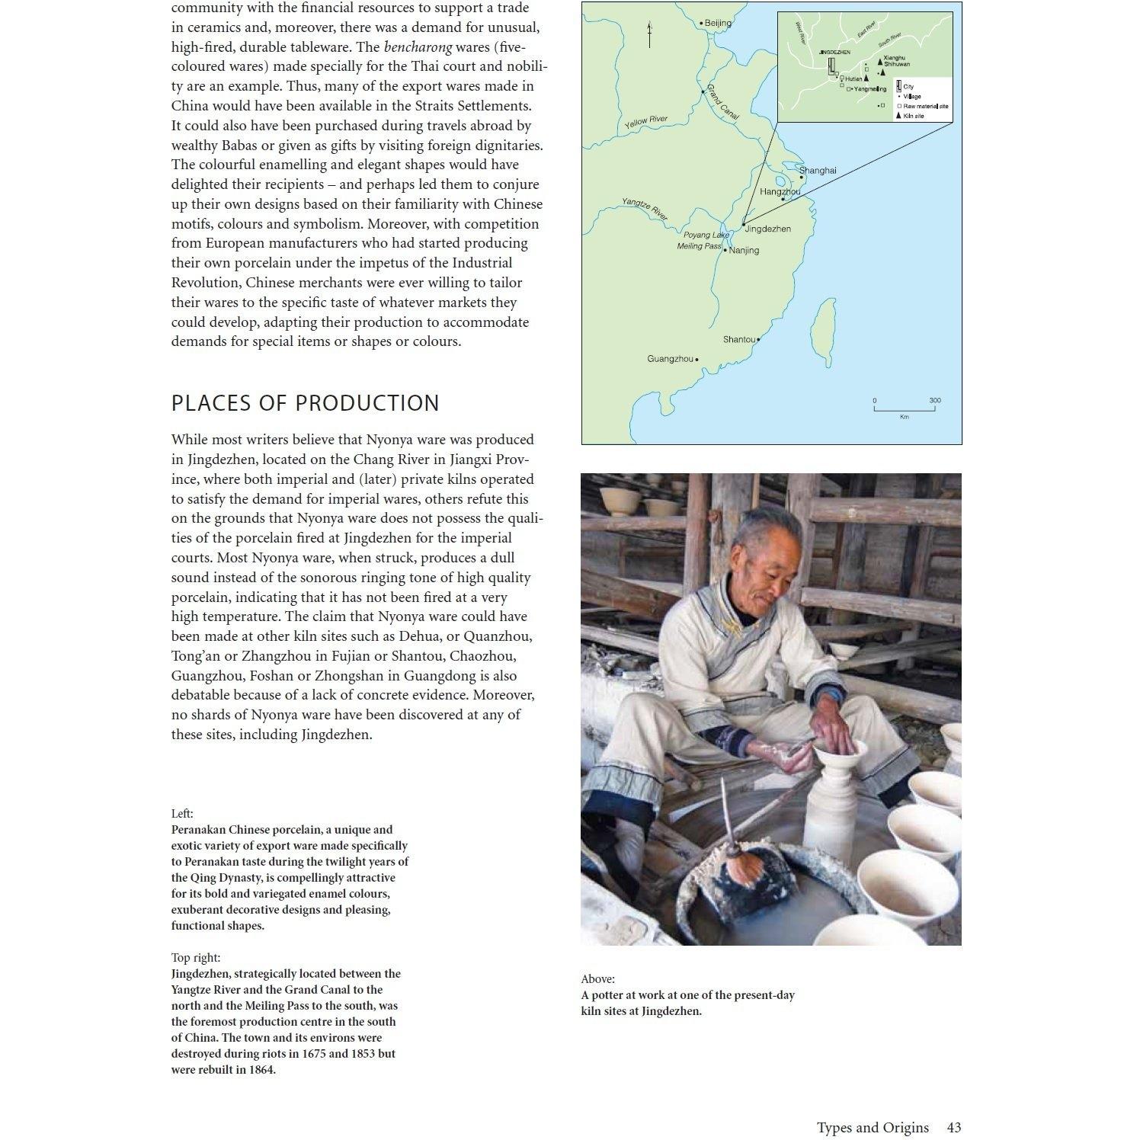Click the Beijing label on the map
point(717,23)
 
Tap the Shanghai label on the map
point(818,170)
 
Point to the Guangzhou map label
point(671,358)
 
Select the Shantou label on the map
point(738,339)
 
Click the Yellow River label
point(646,121)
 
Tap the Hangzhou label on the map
point(780,192)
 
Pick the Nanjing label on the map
point(744,250)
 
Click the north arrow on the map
point(649,34)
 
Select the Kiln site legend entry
point(913,116)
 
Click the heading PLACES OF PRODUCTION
point(305,403)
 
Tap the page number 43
point(953,1127)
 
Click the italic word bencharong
point(418,46)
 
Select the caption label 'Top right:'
point(196,957)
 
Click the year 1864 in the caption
point(261,1069)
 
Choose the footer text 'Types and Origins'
point(873,1127)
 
